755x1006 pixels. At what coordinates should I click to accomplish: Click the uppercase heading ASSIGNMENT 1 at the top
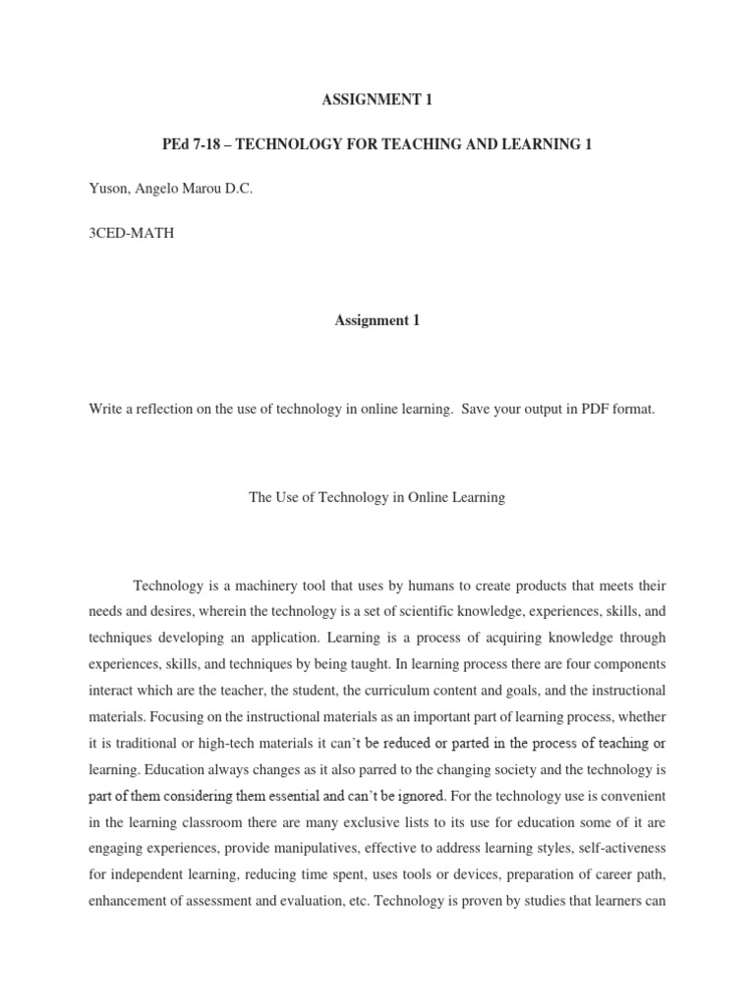[377, 99]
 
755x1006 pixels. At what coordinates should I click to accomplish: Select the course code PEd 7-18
[190, 144]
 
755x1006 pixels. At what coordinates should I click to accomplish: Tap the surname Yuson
[108, 190]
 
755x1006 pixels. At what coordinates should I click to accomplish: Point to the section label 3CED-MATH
[132, 235]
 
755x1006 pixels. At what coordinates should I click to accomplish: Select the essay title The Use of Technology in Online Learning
[377, 497]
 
